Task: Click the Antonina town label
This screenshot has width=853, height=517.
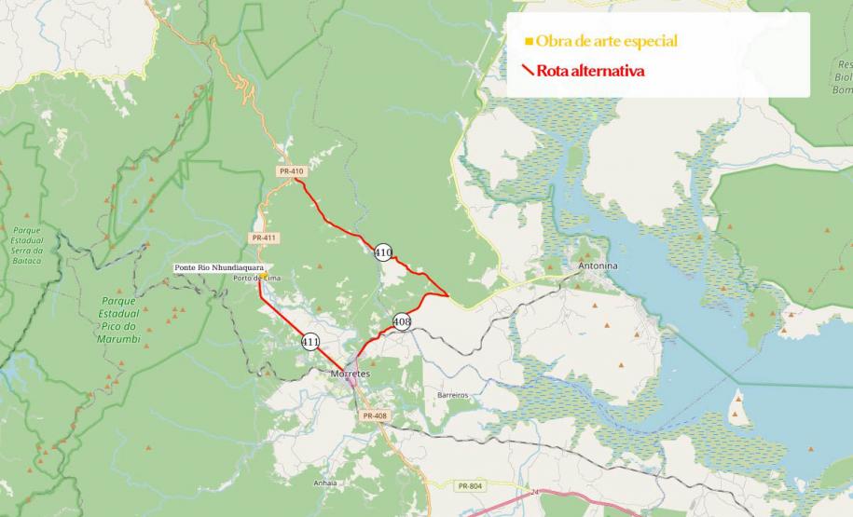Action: (x=598, y=266)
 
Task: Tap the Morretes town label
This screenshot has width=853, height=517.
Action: (x=351, y=374)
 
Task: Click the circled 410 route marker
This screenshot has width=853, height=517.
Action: (x=383, y=252)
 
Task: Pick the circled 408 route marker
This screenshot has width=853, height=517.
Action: (x=402, y=322)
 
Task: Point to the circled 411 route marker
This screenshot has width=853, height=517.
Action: (x=310, y=342)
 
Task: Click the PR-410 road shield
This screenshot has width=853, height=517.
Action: (x=292, y=171)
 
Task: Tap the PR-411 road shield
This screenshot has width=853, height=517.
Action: (x=264, y=238)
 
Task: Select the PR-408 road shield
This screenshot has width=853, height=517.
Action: (x=375, y=415)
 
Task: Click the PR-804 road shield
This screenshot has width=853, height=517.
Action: (x=471, y=486)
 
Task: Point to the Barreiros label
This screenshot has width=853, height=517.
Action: (x=452, y=395)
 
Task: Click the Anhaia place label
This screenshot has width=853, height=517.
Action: (x=325, y=483)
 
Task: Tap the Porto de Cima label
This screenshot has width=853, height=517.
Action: (x=256, y=279)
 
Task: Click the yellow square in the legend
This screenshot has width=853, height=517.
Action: (x=529, y=41)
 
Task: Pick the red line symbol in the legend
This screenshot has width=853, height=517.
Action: (x=528, y=70)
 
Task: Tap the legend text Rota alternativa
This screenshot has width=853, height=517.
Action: (x=590, y=71)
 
